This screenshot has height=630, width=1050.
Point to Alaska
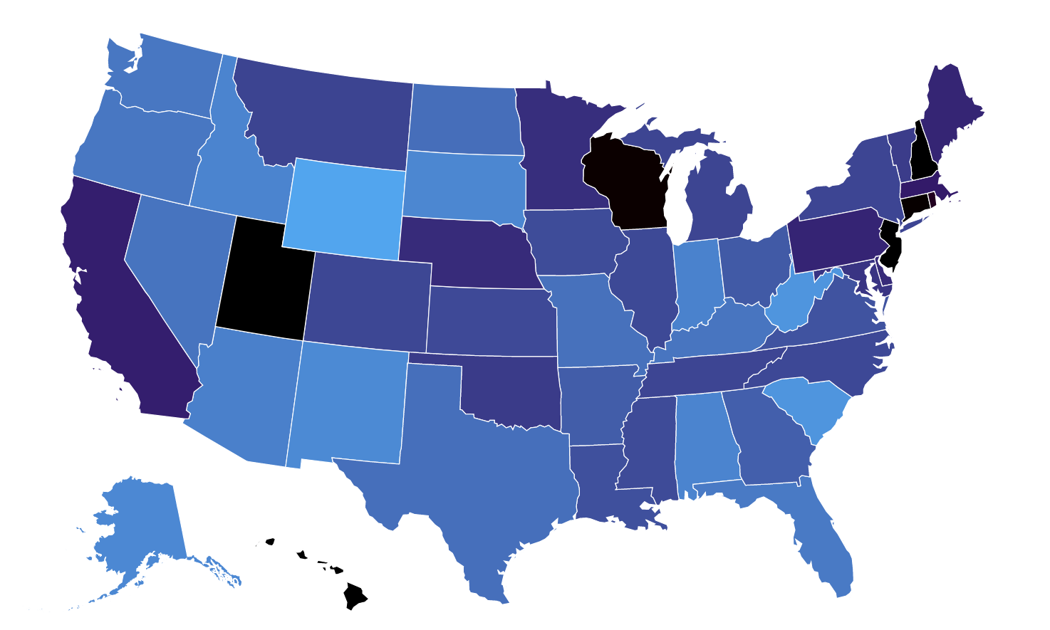[142, 527]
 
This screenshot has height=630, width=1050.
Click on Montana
[328, 114]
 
